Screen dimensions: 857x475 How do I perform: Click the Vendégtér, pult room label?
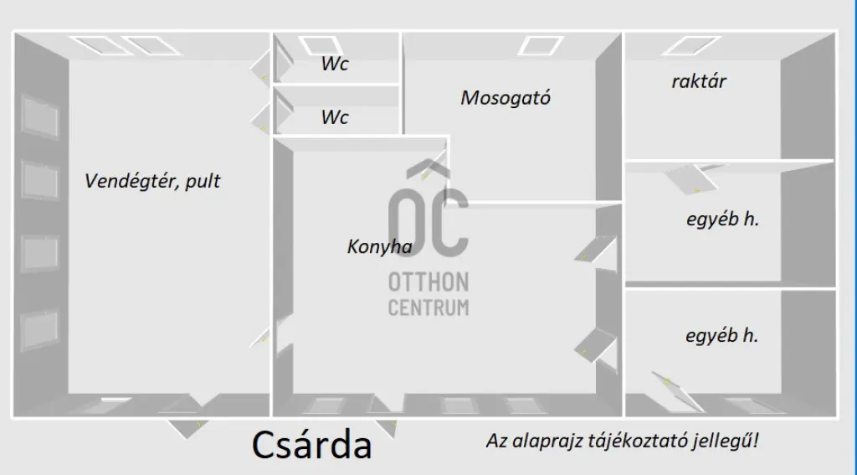coord(152,181)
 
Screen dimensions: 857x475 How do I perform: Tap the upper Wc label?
coord(335,64)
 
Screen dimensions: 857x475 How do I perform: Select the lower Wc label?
coord(335,117)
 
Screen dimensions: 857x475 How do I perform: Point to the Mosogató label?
coord(505,98)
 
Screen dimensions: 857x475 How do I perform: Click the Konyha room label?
coord(380,247)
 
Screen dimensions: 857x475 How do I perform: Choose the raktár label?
coord(699,81)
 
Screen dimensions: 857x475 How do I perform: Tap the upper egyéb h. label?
coord(722,219)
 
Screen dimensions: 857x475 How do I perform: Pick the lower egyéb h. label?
coord(722,335)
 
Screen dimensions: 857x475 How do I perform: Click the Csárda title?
coord(311,444)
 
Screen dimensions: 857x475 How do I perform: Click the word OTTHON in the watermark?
coord(428,283)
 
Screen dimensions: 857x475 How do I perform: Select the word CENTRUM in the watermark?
coord(428,307)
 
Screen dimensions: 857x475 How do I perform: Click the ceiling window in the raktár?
coord(691,45)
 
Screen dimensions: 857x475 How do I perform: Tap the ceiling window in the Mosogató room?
coord(541,45)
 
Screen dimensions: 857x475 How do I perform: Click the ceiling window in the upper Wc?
coord(321,45)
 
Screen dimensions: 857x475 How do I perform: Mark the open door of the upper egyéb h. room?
coord(692,179)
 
